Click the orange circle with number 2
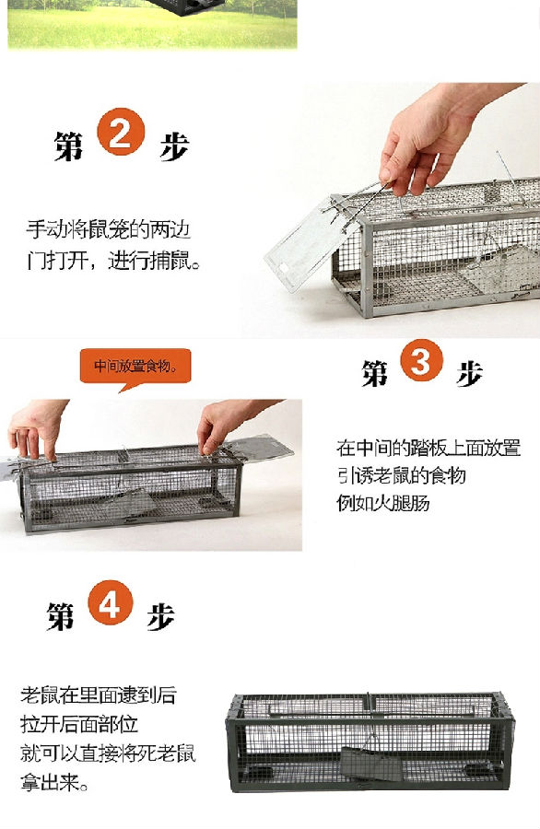[x=121, y=132]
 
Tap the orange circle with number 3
[x=421, y=360]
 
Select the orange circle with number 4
[x=111, y=602]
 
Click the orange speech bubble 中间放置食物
[x=135, y=367]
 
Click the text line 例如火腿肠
[x=383, y=502]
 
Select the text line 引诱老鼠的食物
[x=402, y=475]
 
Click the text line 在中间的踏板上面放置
[x=428, y=448]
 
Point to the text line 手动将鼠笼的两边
[x=109, y=230]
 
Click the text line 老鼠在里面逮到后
[x=99, y=695]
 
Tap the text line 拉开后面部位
[x=79, y=724]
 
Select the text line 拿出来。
[x=54, y=781]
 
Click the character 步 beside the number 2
[x=174, y=146]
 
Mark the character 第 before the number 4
[x=60, y=616]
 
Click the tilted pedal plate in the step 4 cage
[x=364, y=764]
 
